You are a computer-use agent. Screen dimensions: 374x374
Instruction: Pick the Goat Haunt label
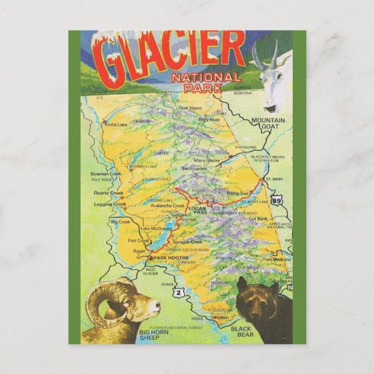point(191,108)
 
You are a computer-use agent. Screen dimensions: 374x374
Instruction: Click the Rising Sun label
point(238,193)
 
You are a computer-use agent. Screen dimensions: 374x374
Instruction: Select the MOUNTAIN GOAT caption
point(268,124)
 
